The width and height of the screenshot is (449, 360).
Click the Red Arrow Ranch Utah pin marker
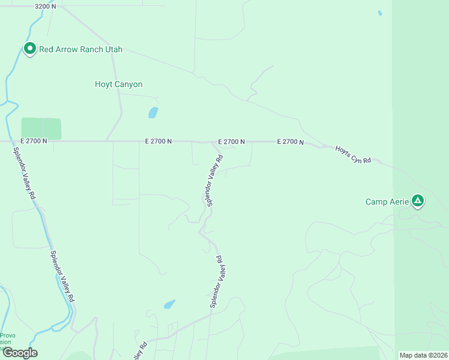click(x=29, y=48)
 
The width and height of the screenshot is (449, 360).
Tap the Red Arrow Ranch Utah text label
click(x=80, y=49)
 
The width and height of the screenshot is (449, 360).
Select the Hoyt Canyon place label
click(x=119, y=85)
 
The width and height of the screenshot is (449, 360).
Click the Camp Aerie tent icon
click(x=418, y=200)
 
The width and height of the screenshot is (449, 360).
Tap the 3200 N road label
click(x=45, y=6)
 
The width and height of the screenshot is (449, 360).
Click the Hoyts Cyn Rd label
click(x=353, y=155)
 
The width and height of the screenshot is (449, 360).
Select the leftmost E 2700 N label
click(x=33, y=141)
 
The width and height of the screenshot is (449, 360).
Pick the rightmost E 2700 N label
click(x=291, y=142)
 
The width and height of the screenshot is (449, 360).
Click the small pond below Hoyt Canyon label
click(x=153, y=112)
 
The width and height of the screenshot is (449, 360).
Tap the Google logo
click(x=20, y=352)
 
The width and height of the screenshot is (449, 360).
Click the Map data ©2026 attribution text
click(x=423, y=355)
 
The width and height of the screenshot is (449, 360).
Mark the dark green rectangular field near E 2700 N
click(x=41, y=128)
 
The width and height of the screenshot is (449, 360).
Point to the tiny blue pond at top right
click(x=379, y=13)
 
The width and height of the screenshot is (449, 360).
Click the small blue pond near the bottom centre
click(x=169, y=304)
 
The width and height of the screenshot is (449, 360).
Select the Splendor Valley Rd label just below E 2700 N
click(x=215, y=181)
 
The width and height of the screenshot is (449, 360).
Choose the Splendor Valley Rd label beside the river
click(x=62, y=275)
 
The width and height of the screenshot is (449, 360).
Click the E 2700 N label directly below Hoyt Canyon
click(x=158, y=142)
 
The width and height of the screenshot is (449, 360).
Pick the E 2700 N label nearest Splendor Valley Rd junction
click(x=231, y=142)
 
